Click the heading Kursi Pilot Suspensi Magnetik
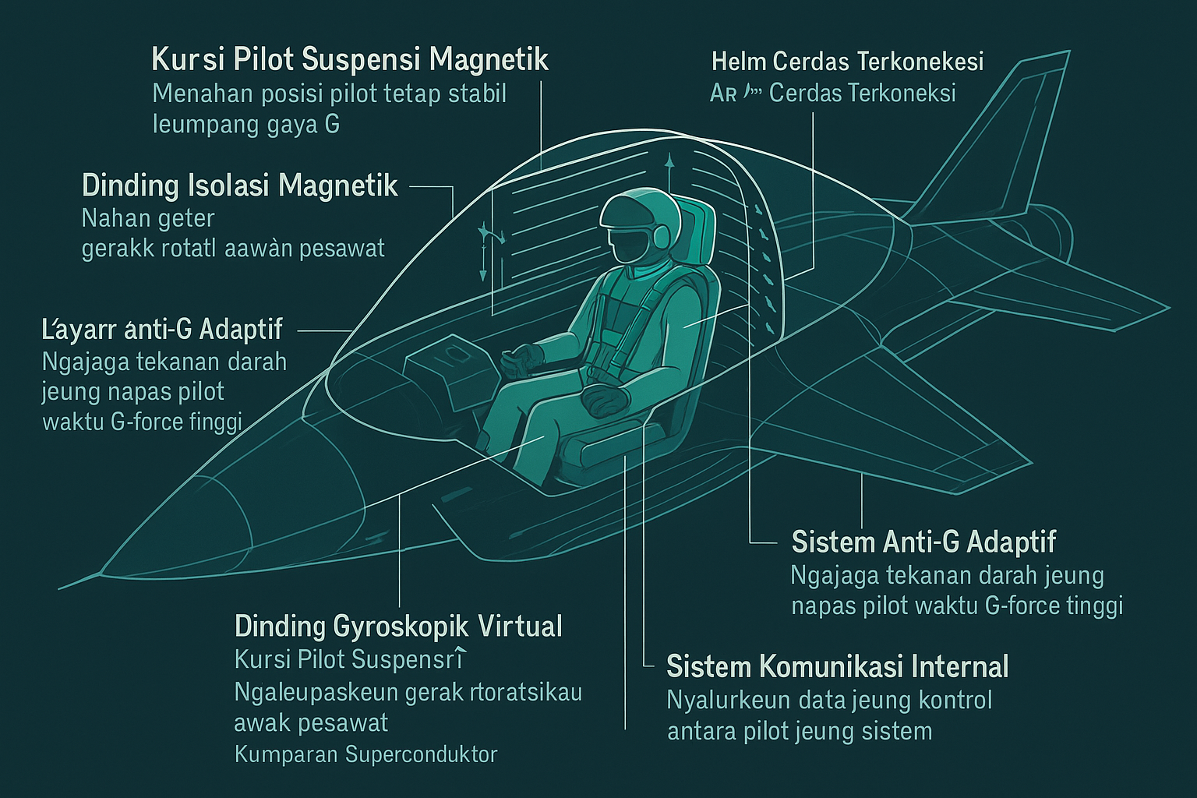pyautogui.click(x=350, y=60)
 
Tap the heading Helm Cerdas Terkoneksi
pyautogui.click(x=847, y=61)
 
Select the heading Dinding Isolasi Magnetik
pyautogui.click(x=239, y=186)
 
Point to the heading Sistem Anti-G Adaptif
pyautogui.click(x=923, y=542)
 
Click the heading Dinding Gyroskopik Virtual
pyautogui.click(x=398, y=626)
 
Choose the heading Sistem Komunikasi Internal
pyautogui.click(x=838, y=667)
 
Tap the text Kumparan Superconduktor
pyautogui.click(x=365, y=754)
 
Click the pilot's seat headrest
pyautogui.click(x=695, y=226)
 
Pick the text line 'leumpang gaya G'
pyautogui.click(x=246, y=125)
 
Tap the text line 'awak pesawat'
pyautogui.click(x=311, y=723)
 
